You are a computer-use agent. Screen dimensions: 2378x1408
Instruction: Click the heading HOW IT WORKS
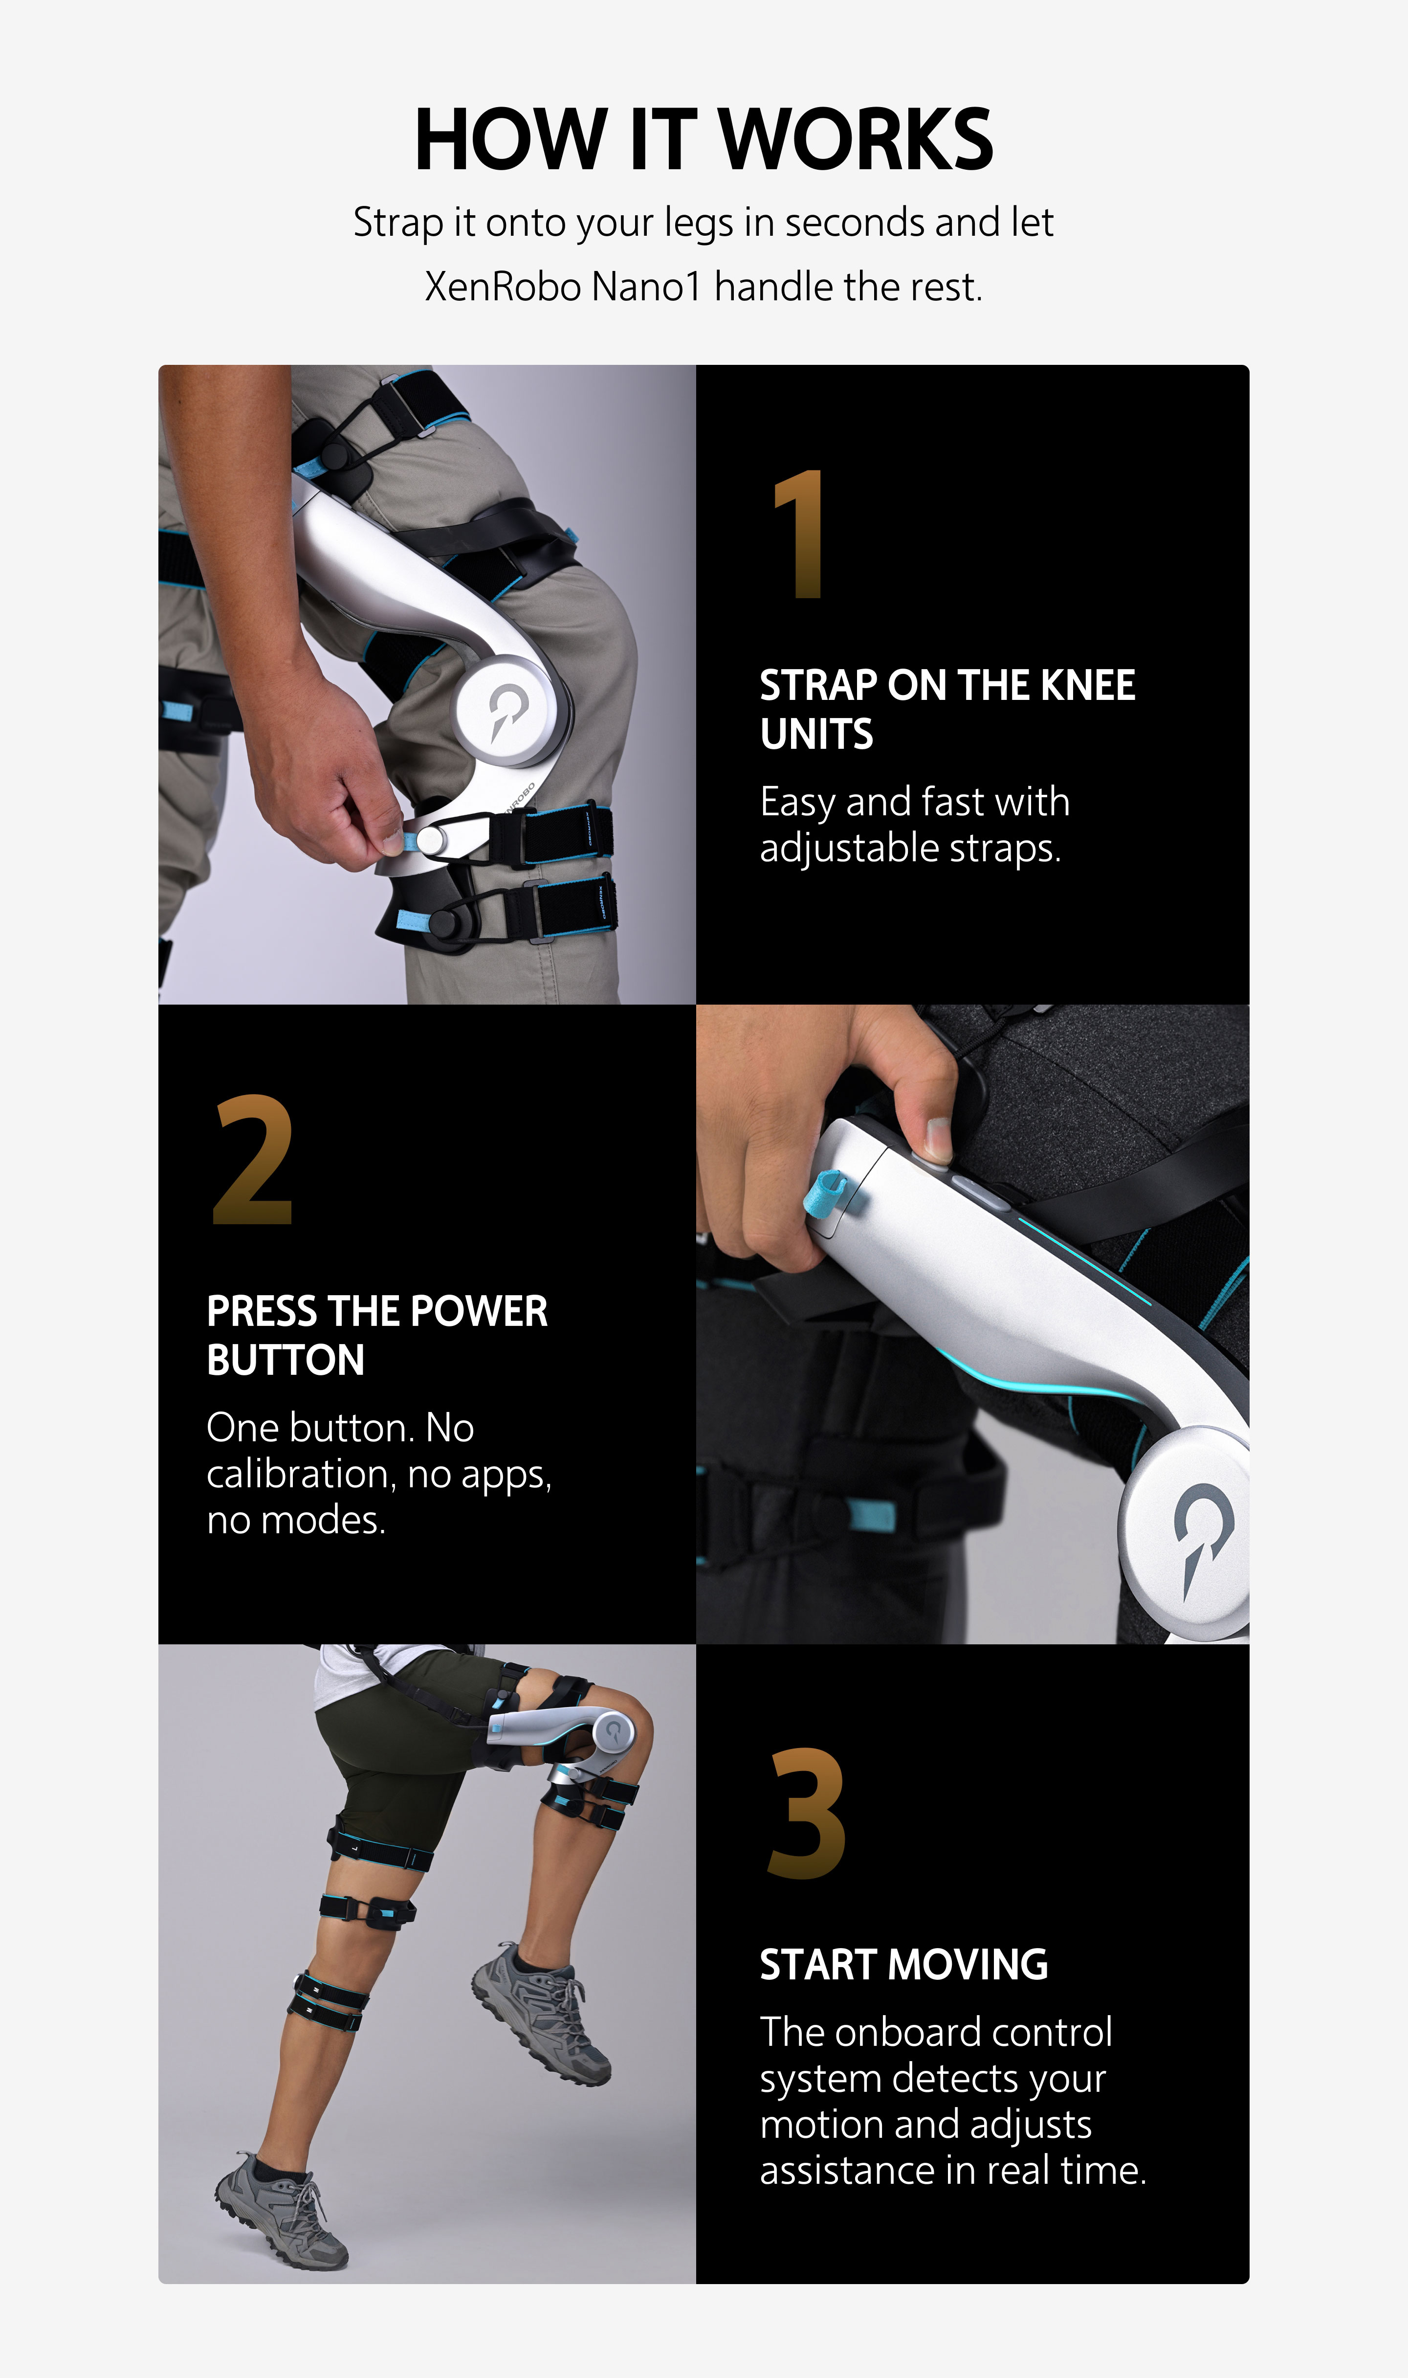pos(703,139)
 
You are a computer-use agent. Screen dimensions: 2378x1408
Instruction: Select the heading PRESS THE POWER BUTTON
pos(376,1335)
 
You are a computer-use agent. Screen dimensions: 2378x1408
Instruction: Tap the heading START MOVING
pos(903,1964)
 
